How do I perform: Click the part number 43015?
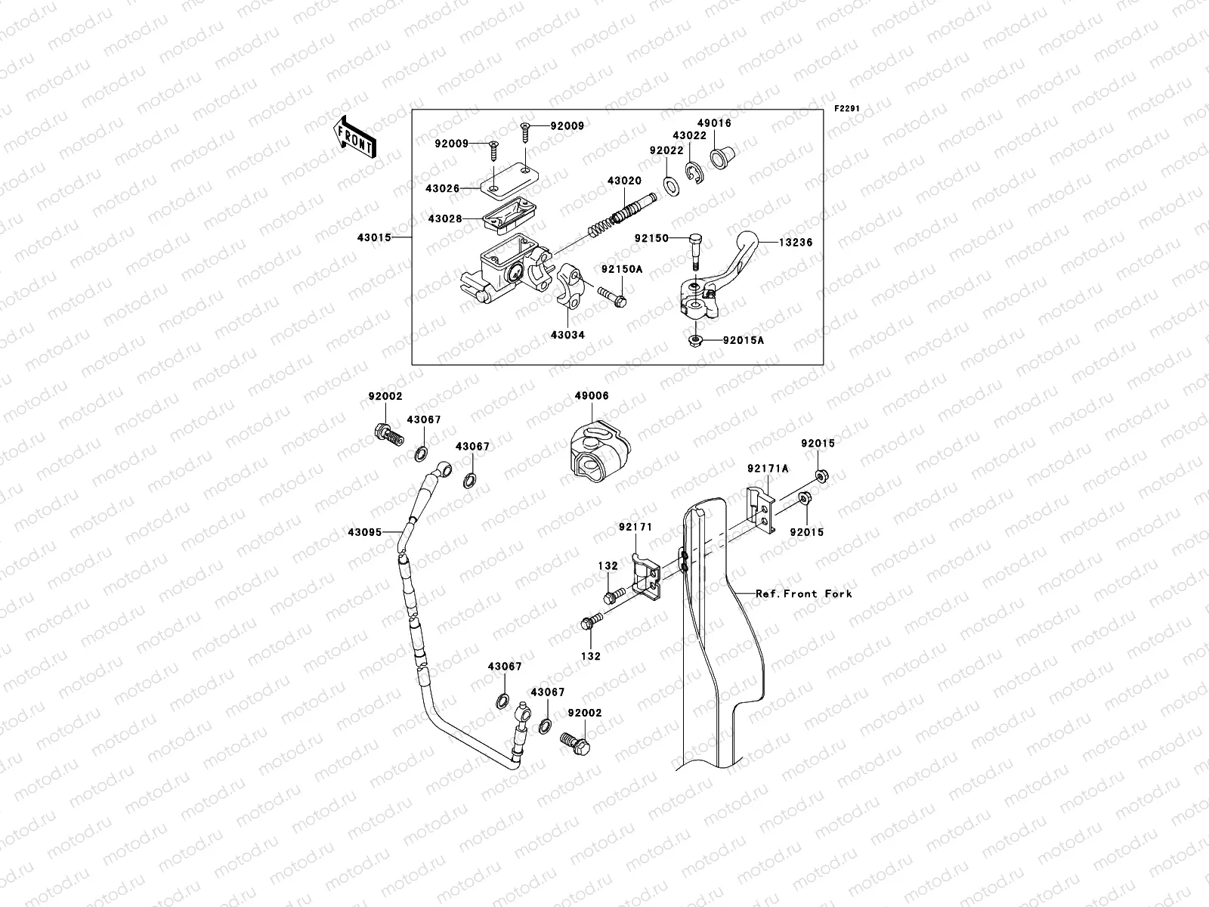pos(375,237)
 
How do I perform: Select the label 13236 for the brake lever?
pos(775,243)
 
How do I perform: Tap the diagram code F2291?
pos(846,108)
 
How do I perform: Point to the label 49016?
pos(713,123)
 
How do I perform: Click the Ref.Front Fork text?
pos(803,594)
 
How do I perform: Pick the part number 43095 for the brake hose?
pos(365,532)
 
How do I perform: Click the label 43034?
pos(567,334)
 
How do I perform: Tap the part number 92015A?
pos(744,341)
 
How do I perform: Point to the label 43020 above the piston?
pos(624,181)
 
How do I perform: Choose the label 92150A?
pos(622,268)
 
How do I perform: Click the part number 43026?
pos(442,188)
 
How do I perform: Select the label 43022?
pos(690,136)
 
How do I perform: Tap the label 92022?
pos(666,150)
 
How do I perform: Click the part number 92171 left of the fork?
pos(635,526)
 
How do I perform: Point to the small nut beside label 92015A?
pos(694,341)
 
